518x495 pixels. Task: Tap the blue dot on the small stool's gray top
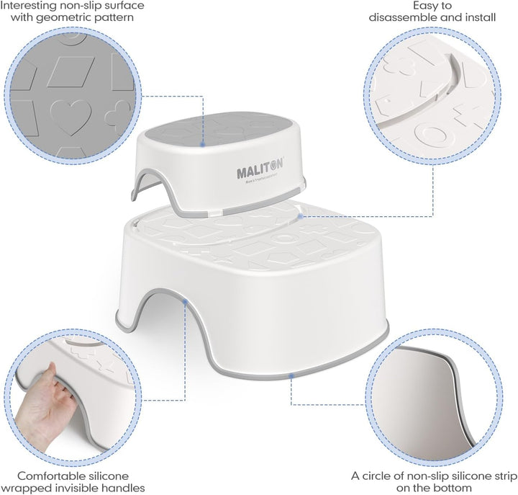pyautogui.click(x=204, y=144)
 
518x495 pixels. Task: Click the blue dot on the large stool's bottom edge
pyautogui.click(x=291, y=375)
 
